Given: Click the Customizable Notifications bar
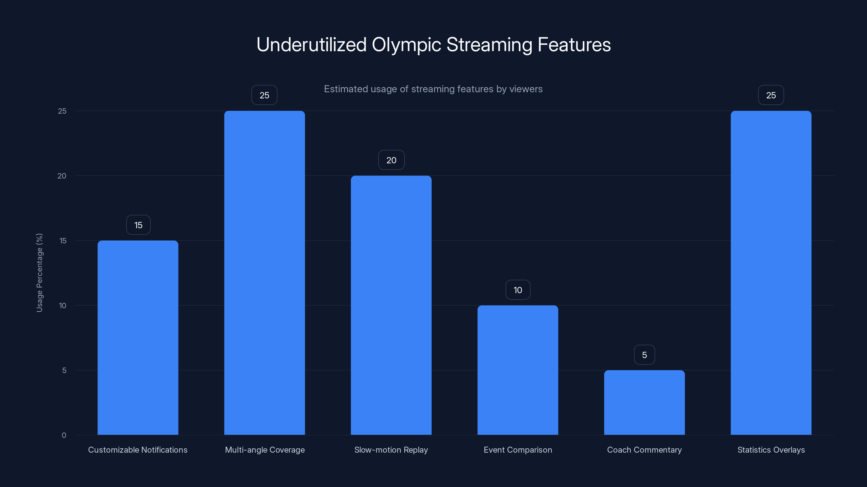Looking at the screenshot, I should click(138, 337).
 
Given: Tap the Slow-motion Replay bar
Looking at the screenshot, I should click(391, 305).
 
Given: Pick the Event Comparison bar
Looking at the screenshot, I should click(518, 370).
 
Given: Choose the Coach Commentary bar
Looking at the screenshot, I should click(644, 402).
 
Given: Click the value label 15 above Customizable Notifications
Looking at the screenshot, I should click(138, 225).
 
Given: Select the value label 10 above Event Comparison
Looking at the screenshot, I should click(518, 290).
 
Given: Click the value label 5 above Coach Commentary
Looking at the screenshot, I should click(644, 355).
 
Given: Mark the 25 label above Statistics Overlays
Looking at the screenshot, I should click(771, 96).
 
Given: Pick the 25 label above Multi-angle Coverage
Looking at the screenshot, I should click(264, 96).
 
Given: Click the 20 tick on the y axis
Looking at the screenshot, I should click(62, 176).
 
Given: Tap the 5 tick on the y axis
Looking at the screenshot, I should click(64, 370).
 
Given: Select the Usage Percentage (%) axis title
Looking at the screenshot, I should click(39, 272).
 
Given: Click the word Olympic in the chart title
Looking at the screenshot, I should click(406, 45).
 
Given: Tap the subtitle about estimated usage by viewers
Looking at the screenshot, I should click(433, 89).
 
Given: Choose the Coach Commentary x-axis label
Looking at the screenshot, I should click(644, 450).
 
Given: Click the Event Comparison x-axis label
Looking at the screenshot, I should click(518, 450).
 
